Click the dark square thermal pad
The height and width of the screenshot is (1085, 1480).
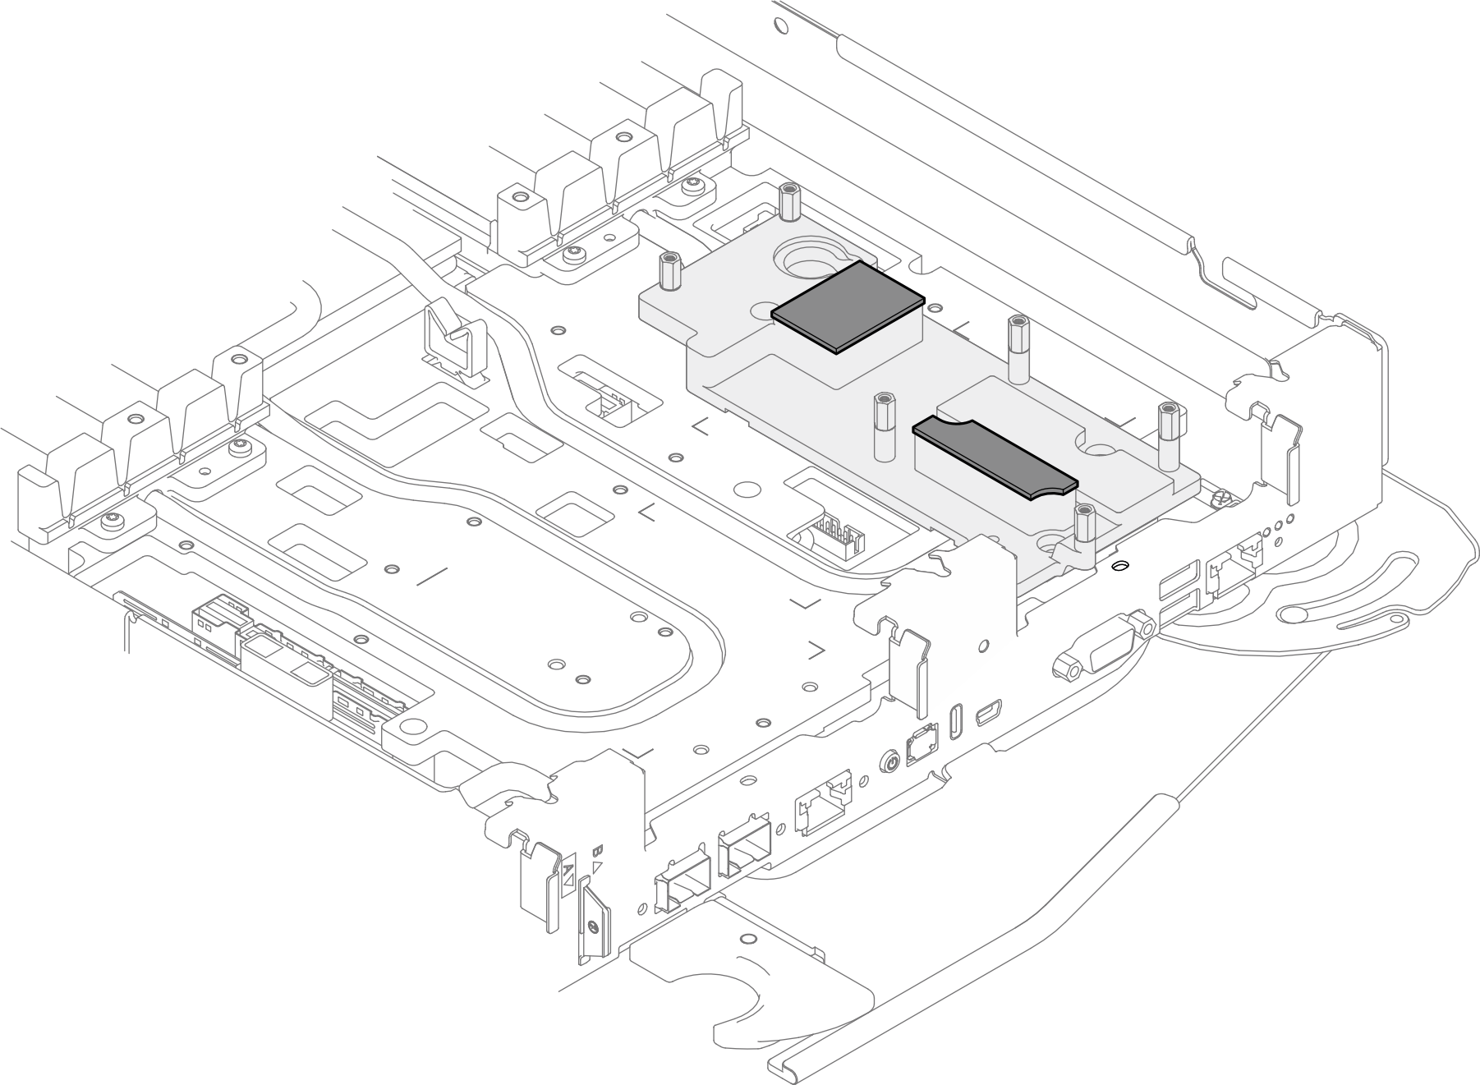848,306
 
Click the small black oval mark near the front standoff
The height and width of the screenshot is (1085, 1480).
1119,566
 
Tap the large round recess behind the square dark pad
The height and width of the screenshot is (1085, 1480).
813,261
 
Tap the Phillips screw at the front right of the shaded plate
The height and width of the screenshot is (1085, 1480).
1218,499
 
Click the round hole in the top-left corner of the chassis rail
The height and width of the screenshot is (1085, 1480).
781,25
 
